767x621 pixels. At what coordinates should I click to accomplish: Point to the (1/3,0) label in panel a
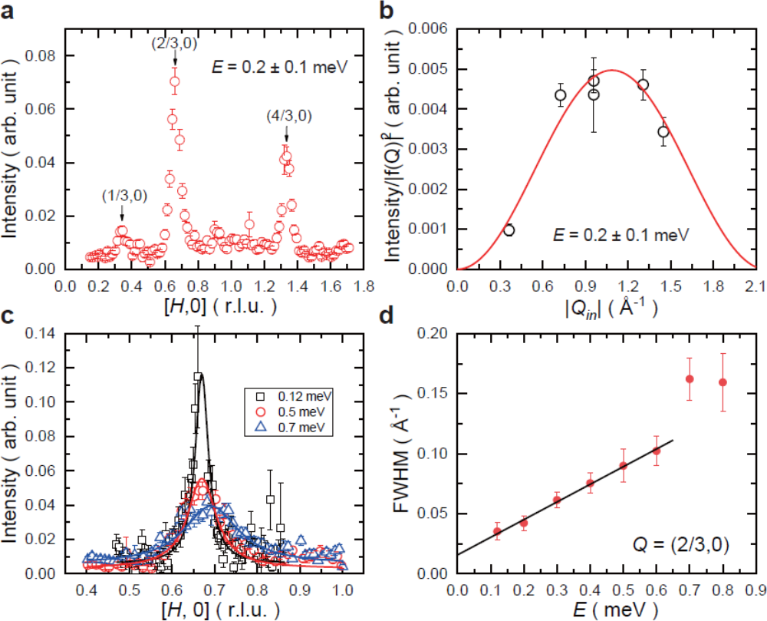[121, 197]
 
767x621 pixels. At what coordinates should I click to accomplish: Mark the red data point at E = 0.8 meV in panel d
[723, 382]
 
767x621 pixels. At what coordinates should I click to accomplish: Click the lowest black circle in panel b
[509, 230]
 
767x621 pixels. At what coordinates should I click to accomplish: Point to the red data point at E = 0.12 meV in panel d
[496, 531]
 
